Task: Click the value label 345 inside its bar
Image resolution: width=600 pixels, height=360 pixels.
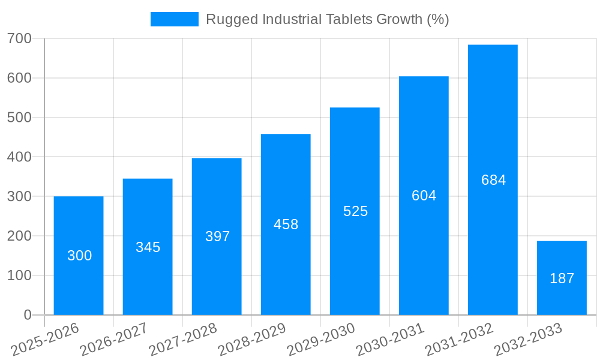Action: pyautogui.click(x=148, y=247)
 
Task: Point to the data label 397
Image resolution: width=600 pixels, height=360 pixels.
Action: pyautogui.click(x=217, y=236)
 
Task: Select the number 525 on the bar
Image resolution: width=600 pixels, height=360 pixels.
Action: pyautogui.click(x=355, y=211)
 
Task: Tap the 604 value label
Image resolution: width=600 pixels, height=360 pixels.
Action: pyautogui.click(x=424, y=196)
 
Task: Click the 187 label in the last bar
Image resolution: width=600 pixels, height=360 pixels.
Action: pyautogui.click(x=562, y=278)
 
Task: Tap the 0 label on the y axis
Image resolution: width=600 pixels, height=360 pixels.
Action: pyautogui.click(x=28, y=315)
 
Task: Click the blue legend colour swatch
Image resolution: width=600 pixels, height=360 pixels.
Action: pyautogui.click(x=174, y=19)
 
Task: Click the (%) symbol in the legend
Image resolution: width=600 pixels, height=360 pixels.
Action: pyautogui.click(x=437, y=19)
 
